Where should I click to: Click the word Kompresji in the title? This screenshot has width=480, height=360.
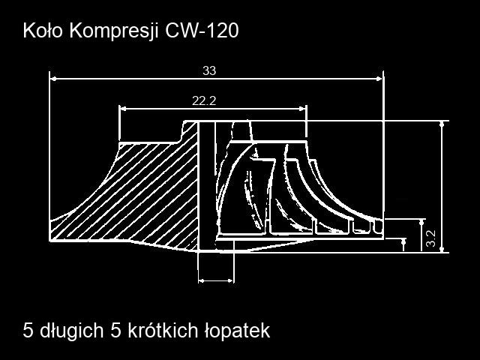tap(114, 31)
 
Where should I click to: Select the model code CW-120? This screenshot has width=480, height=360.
tap(202, 31)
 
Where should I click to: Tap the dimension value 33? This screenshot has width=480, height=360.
tap(209, 70)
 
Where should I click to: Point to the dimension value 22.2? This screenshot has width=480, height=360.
tap(204, 100)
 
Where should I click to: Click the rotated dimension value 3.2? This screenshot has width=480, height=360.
tap(430, 238)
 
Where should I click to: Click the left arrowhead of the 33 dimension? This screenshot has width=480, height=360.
tap(53, 79)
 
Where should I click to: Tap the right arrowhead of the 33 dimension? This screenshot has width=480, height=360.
tap(379, 79)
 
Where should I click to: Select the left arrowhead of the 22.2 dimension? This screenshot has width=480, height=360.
tap(123, 108)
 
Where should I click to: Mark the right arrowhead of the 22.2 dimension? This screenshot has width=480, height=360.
tap(303, 108)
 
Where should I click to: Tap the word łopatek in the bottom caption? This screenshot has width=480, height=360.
tap(237, 331)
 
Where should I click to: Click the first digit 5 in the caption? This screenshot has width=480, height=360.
tap(28, 331)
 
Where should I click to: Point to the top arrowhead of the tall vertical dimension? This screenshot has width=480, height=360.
tap(442, 124)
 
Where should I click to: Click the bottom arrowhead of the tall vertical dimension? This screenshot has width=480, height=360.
tap(442, 250)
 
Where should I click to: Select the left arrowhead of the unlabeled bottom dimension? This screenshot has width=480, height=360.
tap(202, 280)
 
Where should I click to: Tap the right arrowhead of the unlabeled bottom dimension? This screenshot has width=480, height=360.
tap(231, 280)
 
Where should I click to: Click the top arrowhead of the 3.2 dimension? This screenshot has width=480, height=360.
tap(422, 222)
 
